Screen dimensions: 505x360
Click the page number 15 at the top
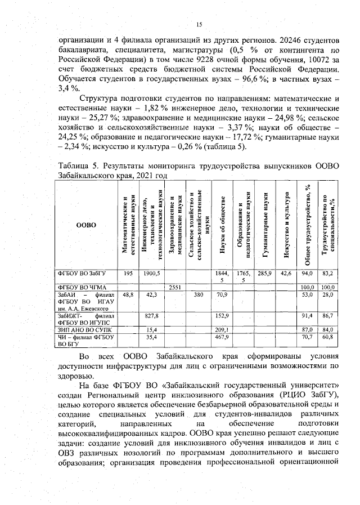tap(199, 24)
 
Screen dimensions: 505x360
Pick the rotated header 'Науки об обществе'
tap(222, 225)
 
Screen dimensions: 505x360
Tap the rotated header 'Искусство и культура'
tap(286, 225)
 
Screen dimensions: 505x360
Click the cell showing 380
tap(198, 294)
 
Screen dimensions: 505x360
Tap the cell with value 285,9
tap(264, 273)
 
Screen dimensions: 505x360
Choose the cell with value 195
tap(128, 273)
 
